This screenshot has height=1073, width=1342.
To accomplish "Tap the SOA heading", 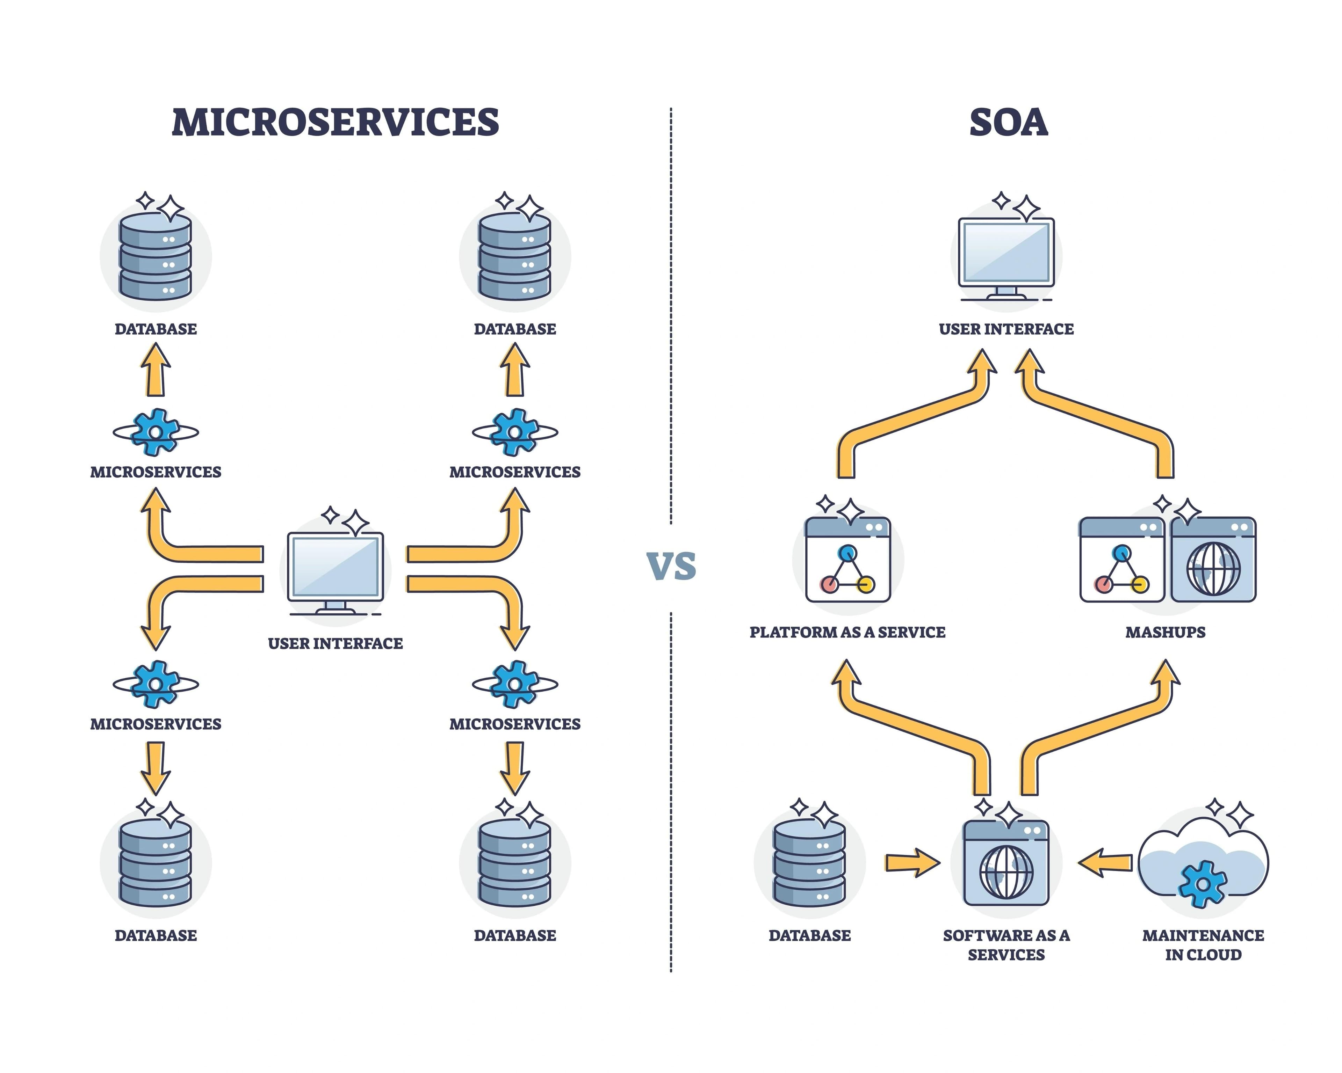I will point(1008,123).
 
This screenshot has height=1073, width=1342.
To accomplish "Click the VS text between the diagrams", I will point(671,566).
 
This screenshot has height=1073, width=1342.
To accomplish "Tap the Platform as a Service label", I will point(847,632).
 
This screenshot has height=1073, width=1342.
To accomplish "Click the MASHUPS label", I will point(1165,632).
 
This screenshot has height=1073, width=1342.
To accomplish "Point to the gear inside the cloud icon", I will point(1203,884).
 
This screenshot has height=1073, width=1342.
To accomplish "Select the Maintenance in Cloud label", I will point(1203,944).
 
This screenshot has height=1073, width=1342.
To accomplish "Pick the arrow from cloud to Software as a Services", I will point(1105,863).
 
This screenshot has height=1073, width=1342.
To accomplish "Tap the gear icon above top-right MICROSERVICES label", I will point(515,432).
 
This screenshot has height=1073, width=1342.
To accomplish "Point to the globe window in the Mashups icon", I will point(1213,560).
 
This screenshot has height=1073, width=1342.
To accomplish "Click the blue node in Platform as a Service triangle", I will point(847,552).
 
